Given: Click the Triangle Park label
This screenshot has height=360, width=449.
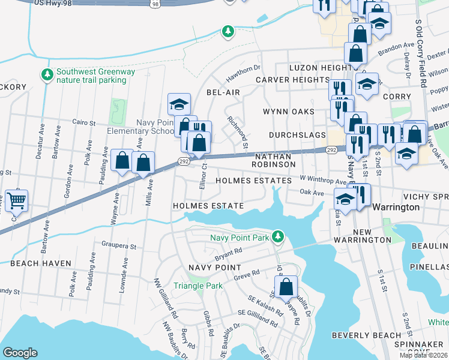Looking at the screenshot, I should [198, 286].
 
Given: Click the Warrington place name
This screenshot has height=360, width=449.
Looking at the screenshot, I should [396, 206].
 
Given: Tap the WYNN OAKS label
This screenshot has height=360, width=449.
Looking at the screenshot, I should [289, 112].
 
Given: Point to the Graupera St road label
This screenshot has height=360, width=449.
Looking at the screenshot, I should [119, 245].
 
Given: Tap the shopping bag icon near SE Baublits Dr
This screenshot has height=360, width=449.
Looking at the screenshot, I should [286, 286].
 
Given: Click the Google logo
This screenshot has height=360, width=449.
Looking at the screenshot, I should [20, 352].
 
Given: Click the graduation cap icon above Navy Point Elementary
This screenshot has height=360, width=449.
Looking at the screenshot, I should [179, 104].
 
